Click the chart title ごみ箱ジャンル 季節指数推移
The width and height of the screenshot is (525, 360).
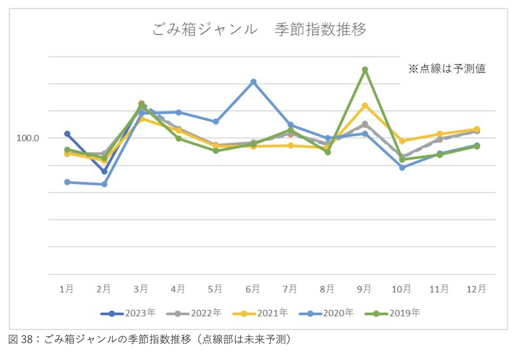[259, 30]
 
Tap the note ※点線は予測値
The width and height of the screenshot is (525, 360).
[447, 69]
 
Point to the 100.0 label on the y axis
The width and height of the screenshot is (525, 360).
[28, 138]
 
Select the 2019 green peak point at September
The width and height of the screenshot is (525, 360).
[365, 70]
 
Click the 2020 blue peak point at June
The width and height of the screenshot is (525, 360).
[253, 82]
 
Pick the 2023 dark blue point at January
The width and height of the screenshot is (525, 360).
[67, 134]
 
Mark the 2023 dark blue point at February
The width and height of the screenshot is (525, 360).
[104, 171]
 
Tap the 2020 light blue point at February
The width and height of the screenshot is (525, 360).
[104, 184]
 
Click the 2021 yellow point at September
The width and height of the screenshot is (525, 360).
[365, 106]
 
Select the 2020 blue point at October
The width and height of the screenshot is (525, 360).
[402, 168]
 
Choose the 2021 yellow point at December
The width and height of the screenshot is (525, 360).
[477, 129]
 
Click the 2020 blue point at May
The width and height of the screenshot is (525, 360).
[216, 121]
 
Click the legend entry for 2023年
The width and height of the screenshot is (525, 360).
[128, 313]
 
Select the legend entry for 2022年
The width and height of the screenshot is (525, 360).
[194, 313]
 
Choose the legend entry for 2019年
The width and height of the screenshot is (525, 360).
[392, 313]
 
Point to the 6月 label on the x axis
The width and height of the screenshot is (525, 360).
[253, 289]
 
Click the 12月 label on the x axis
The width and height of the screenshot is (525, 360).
[477, 289]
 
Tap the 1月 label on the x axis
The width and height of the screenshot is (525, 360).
[67, 289]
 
